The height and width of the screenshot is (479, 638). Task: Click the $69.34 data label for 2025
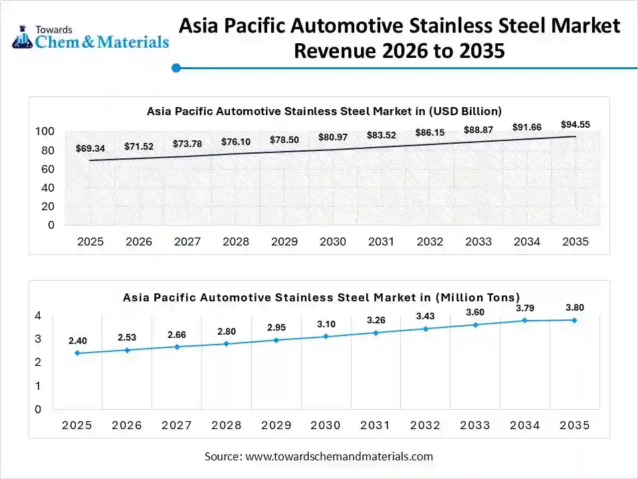click(90, 148)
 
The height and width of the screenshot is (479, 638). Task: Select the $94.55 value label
click(575, 124)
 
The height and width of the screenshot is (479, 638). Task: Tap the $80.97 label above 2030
click(333, 137)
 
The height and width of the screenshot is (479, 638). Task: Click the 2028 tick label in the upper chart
click(236, 241)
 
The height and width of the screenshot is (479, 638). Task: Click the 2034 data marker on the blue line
click(524, 320)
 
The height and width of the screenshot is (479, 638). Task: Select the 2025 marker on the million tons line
click(77, 353)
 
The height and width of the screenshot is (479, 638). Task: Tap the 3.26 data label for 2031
click(375, 320)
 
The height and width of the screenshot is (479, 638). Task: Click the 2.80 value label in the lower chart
click(227, 331)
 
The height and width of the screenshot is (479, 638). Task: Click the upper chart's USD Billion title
click(324, 111)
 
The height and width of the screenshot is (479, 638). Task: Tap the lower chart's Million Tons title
click(321, 297)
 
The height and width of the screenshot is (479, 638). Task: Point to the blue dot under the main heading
click(176, 68)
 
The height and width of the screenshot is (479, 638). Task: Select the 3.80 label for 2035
click(575, 307)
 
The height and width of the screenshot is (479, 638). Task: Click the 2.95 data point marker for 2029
click(276, 340)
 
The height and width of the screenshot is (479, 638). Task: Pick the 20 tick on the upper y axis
click(48, 206)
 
